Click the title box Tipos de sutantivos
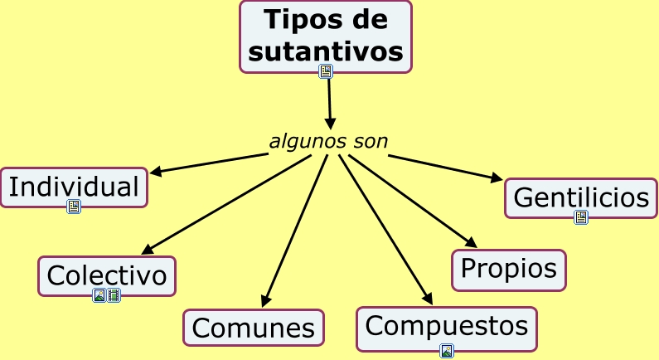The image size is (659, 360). click(326, 36)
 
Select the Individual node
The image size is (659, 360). click(74, 187)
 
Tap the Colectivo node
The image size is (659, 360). click(107, 275)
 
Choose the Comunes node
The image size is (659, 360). click(254, 328)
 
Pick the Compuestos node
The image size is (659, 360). click(447, 327)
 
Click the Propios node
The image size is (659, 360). click(509, 270)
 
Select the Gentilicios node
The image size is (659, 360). click(581, 197)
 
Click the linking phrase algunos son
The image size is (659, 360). click(328, 142)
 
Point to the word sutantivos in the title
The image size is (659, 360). click(326, 51)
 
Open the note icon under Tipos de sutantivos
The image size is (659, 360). click(326, 71)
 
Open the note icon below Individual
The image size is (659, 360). click(74, 207)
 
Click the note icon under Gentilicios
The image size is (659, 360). click(581, 217)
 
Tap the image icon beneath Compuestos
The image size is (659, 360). click(447, 350)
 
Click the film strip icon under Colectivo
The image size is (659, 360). click(114, 295)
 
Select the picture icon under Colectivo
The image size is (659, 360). click(99, 295)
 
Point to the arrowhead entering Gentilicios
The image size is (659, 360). click(497, 178)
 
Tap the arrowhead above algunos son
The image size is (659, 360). click(330, 124)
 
